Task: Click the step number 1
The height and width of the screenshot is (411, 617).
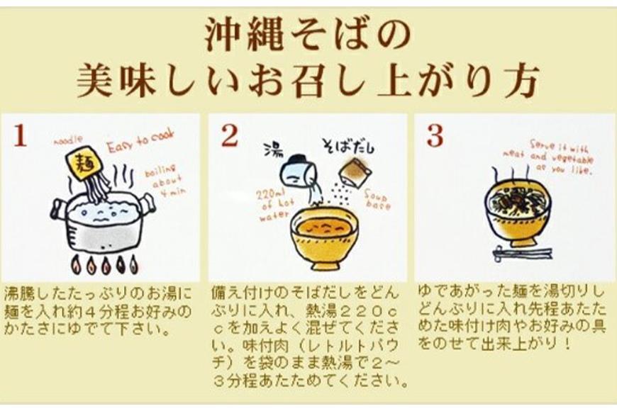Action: click(21, 137)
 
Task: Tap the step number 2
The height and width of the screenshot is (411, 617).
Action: click(229, 137)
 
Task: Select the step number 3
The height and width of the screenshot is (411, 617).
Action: click(434, 136)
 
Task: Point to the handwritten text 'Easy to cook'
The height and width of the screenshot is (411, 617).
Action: click(140, 146)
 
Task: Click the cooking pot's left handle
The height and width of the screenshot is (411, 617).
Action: click(56, 209)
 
